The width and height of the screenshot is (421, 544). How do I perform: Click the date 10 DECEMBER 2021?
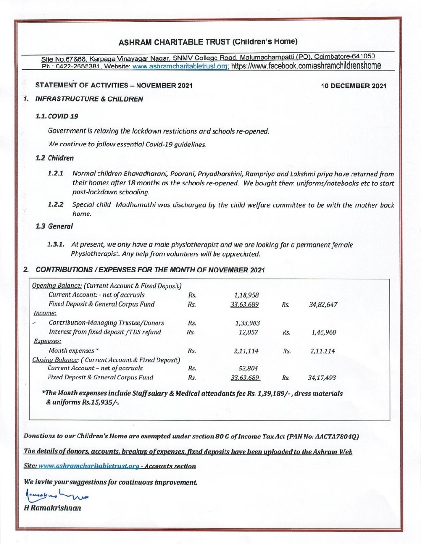[x=354, y=86]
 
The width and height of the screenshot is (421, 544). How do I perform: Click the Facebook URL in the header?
[x=306, y=66]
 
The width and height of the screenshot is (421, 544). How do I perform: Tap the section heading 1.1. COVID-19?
[x=57, y=116]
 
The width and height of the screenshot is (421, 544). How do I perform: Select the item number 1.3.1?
[x=56, y=244]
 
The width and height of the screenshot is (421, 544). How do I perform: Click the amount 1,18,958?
[x=246, y=295]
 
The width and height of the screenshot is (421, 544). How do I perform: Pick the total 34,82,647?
[x=323, y=304]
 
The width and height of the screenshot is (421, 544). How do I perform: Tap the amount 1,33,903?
[x=247, y=323]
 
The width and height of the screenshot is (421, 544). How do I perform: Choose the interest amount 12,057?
[x=248, y=332]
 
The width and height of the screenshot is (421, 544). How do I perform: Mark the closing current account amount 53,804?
[x=249, y=368]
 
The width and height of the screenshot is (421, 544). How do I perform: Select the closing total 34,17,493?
[x=322, y=378]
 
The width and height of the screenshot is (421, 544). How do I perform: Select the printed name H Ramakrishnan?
[x=52, y=508]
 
